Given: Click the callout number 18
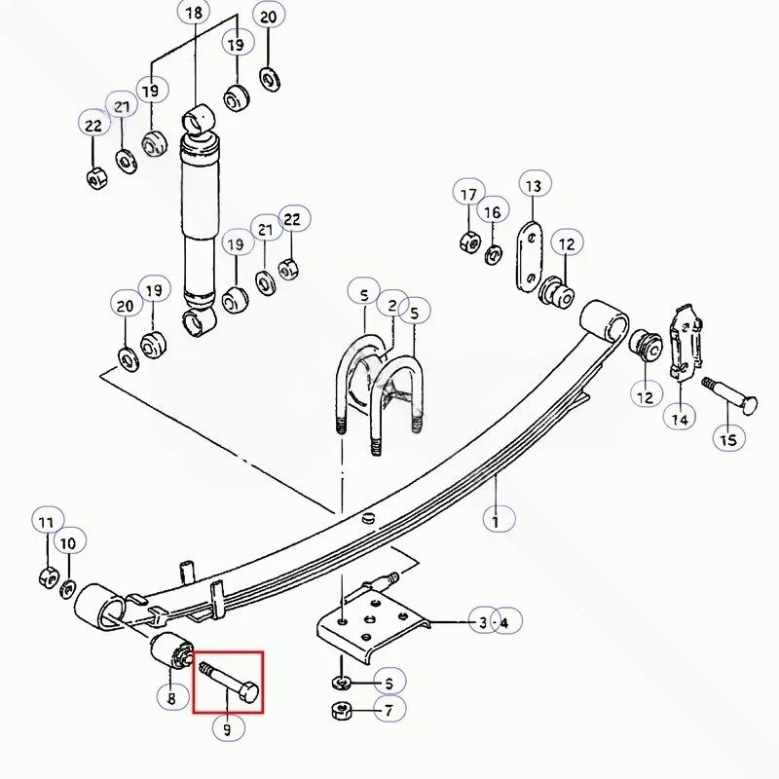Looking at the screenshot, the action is pos(194,13).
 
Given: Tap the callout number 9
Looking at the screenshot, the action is pos(228,729).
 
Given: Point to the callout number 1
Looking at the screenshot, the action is pos(496,521).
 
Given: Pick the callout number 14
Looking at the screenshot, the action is pos(680,420).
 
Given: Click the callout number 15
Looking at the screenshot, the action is pos(728,440).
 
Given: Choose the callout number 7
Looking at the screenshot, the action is pos(389,711).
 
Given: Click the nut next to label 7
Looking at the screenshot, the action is pos(341,711).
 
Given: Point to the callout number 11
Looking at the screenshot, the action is pos(46,523).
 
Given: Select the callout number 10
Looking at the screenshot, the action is pos(68,543).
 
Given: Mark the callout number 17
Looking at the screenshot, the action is pos(468,194).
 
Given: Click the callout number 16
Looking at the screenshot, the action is pos(493,212).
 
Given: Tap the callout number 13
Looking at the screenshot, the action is pos(533,186).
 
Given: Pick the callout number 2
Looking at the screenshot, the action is pos(392,305).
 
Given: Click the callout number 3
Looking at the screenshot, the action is pos(483,622).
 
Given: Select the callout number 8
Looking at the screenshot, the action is pos(171,698).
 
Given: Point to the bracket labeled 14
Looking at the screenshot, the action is pos(686,342).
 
